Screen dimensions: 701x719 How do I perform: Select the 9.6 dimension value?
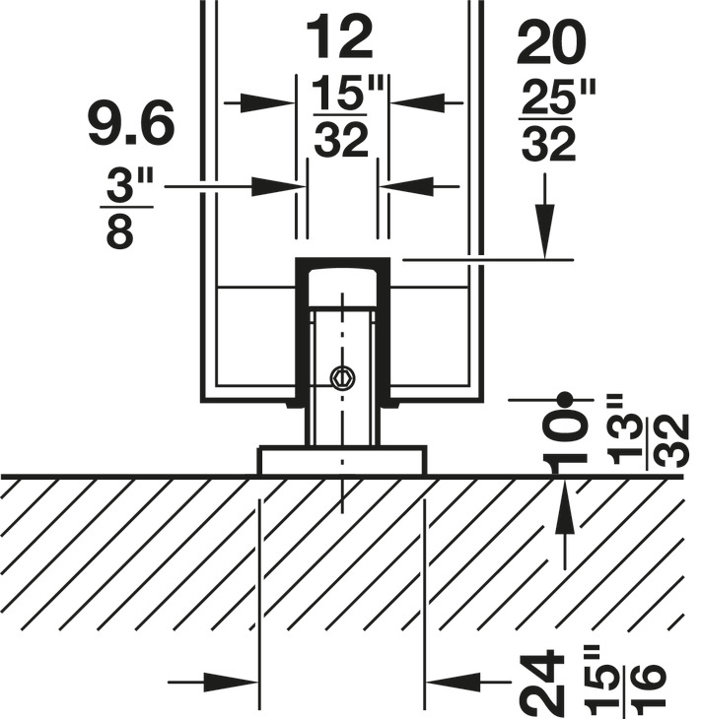coord(131,122)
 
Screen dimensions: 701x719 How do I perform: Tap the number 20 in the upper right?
coord(551,44)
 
